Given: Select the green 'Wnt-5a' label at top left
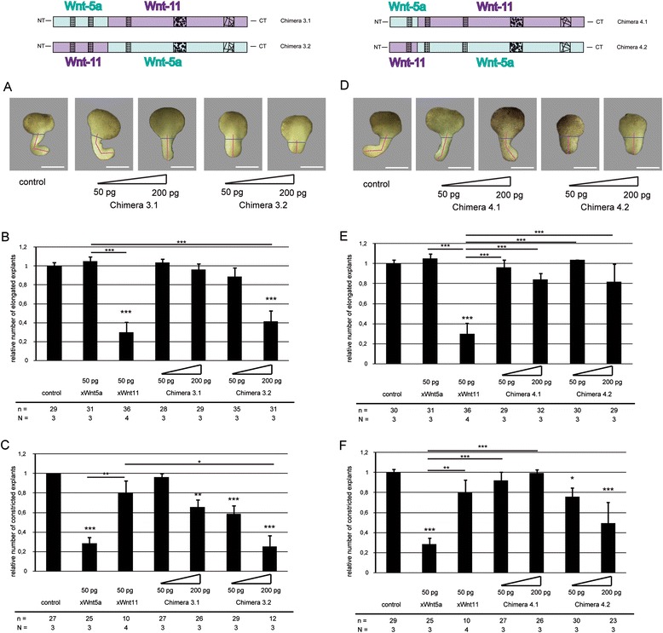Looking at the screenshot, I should pos(80,7).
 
